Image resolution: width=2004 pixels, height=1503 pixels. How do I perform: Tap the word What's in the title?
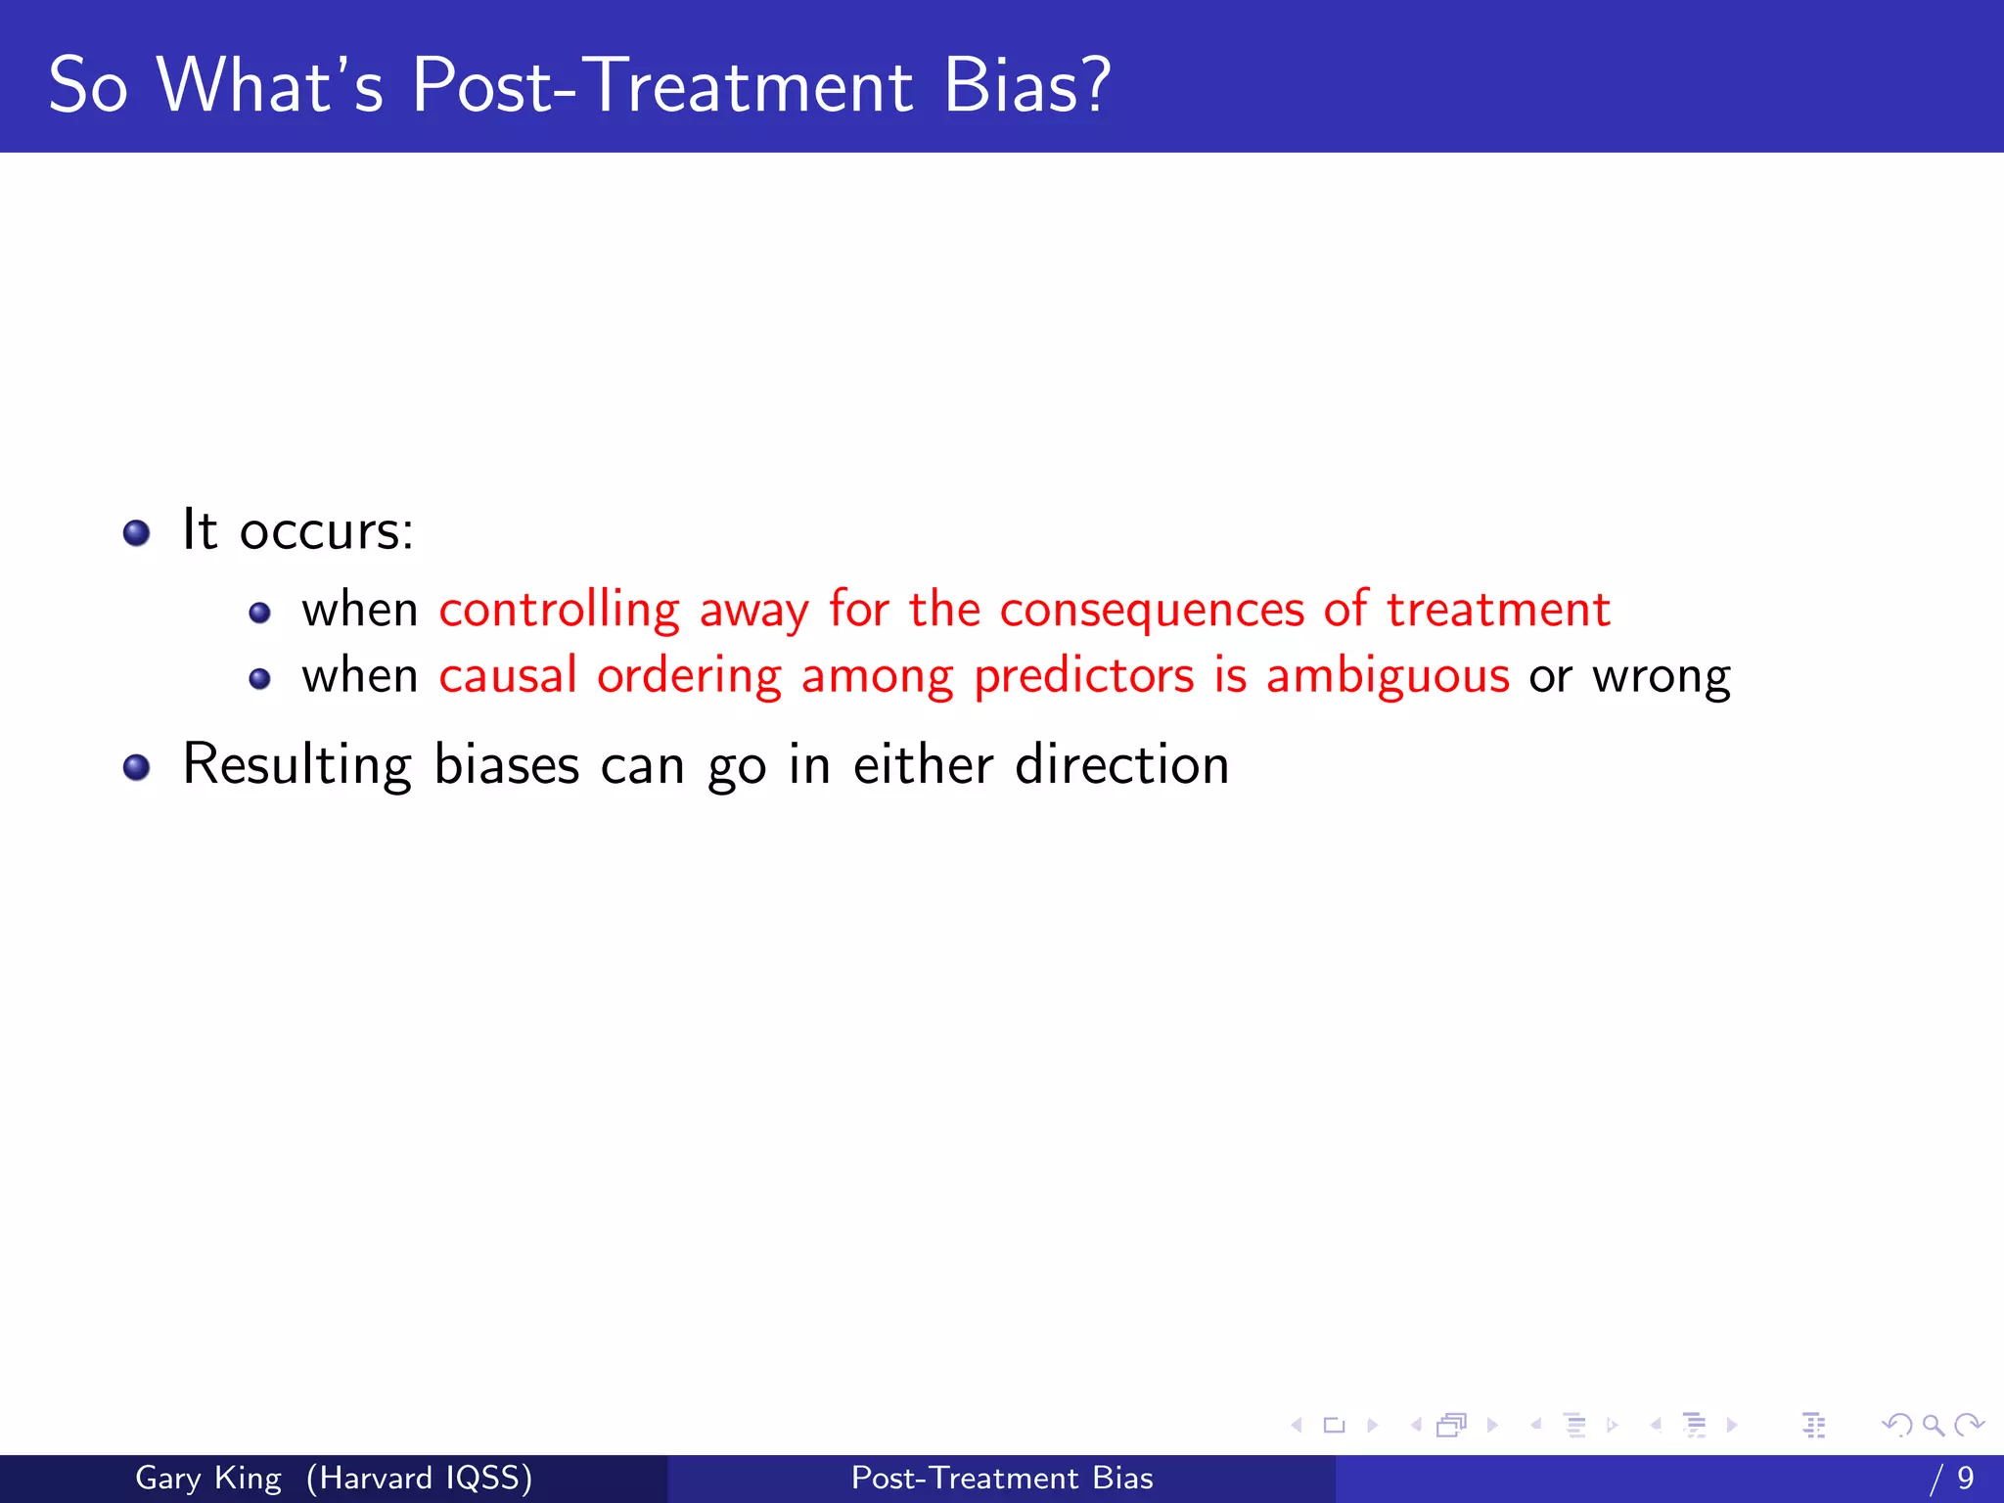(x=270, y=85)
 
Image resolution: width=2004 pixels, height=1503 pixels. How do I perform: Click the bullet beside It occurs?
(x=137, y=533)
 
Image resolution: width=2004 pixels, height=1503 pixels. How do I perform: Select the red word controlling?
(x=559, y=611)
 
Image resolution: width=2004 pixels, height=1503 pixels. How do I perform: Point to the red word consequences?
(x=1152, y=611)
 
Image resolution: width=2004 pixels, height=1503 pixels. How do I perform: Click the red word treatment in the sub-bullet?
(x=1497, y=611)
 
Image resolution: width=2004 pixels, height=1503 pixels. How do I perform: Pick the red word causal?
(x=508, y=677)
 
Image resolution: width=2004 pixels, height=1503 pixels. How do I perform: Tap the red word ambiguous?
(x=1388, y=677)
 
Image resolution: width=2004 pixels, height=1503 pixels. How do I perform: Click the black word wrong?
(x=1661, y=677)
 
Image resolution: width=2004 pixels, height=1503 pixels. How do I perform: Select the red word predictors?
(x=1083, y=677)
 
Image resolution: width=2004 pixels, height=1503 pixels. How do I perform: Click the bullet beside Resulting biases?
(x=137, y=768)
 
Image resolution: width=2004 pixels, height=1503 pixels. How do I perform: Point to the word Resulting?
(x=296, y=765)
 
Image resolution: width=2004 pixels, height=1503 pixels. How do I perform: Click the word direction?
(x=1121, y=765)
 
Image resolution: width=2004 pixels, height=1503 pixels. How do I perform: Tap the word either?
(x=923, y=765)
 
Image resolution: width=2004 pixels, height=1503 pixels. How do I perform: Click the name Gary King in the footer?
(x=207, y=1478)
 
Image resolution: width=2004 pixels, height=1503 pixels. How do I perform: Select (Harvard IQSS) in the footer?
(x=419, y=1478)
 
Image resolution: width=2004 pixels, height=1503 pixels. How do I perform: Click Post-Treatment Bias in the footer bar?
(x=1002, y=1478)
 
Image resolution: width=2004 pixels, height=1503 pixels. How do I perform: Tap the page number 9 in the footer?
(x=1965, y=1478)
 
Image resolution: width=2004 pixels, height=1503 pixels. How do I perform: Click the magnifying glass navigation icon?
(x=1933, y=1425)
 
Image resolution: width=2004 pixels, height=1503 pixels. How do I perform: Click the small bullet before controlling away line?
(x=259, y=614)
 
